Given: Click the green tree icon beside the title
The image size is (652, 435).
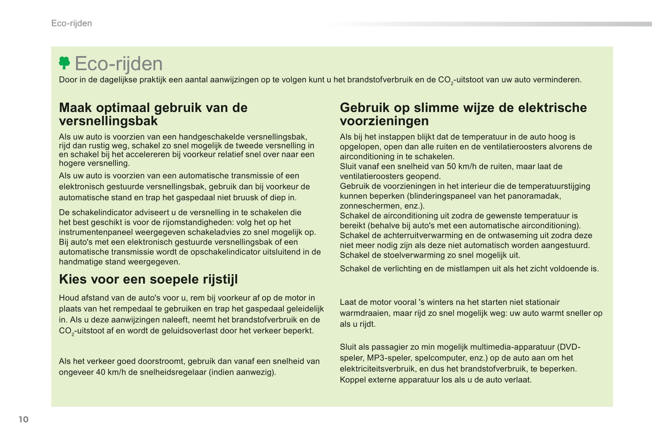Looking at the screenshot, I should (x=65, y=63).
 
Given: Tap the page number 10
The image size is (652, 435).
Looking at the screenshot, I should (x=23, y=419).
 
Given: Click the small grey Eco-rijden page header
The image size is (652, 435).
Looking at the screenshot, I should (x=71, y=23).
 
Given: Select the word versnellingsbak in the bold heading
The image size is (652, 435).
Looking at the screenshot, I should (x=108, y=121).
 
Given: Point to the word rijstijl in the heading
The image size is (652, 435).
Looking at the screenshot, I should (x=219, y=279).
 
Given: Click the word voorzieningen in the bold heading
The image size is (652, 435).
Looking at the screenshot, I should (x=384, y=121).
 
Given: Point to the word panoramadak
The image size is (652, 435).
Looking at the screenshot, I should (x=534, y=196).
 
